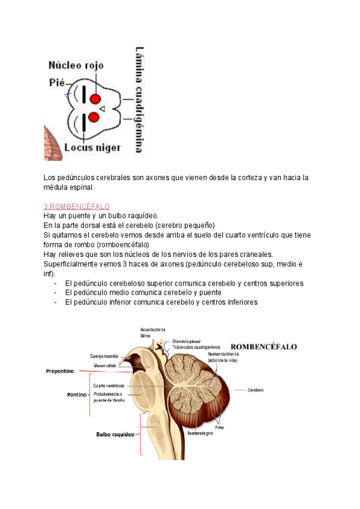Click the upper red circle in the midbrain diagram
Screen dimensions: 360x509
[x=95, y=99]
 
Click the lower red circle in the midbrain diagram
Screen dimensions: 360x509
[x=94, y=117]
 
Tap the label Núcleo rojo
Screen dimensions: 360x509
[x=76, y=65]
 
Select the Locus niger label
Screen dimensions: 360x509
[x=93, y=148]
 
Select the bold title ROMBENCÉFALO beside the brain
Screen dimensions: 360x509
[x=264, y=347]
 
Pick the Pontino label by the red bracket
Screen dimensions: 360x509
[x=77, y=396]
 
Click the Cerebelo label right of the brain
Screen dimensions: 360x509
[x=256, y=390]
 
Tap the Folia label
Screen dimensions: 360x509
[x=220, y=427]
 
